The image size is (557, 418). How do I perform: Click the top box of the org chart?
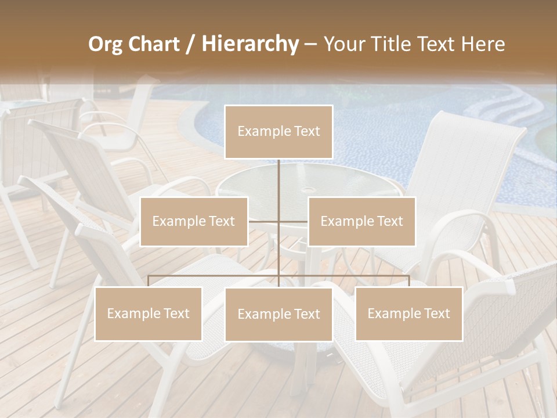[x=278, y=132]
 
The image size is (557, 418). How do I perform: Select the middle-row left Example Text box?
[x=194, y=221]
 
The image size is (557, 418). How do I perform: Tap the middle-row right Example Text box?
[x=361, y=221]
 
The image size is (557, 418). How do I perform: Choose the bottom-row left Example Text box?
[x=149, y=313]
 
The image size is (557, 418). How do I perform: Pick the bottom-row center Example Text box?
[x=278, y=314]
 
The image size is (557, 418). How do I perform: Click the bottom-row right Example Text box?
[x=408, y=313]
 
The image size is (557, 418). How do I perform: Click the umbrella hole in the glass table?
[x=308, y=190]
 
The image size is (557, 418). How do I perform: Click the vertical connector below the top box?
[x=278, y=180]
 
